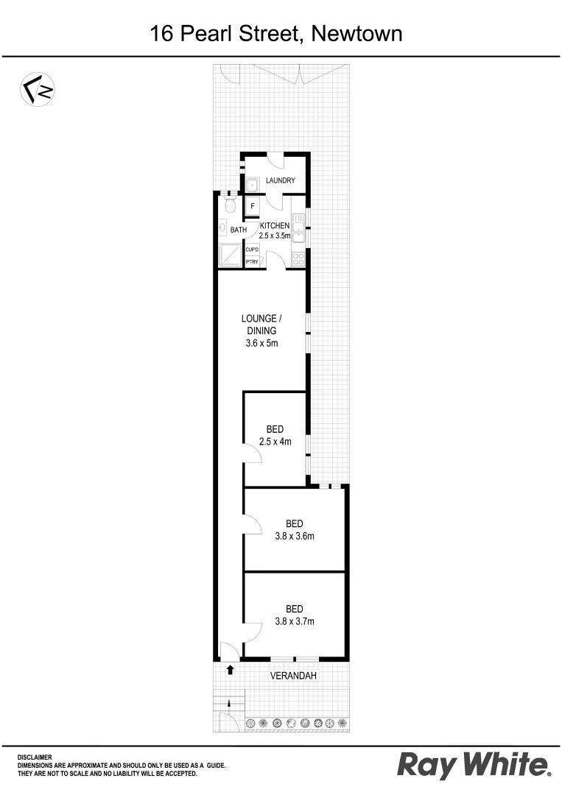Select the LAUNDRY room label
coord(281,180)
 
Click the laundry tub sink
coord(252,184)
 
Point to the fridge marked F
coord(253,207)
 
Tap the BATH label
coord(239,230)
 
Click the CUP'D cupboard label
coord(251,250)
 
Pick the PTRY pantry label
coord(251,262)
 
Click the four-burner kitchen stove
coord(298,259)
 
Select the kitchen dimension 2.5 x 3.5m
coord(275,236)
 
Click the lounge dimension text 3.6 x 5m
coord(261,344)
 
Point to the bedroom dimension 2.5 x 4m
coord(275,442)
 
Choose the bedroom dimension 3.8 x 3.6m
coord(295,536)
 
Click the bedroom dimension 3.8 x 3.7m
coord(295,621)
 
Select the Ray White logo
coord(474,766)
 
